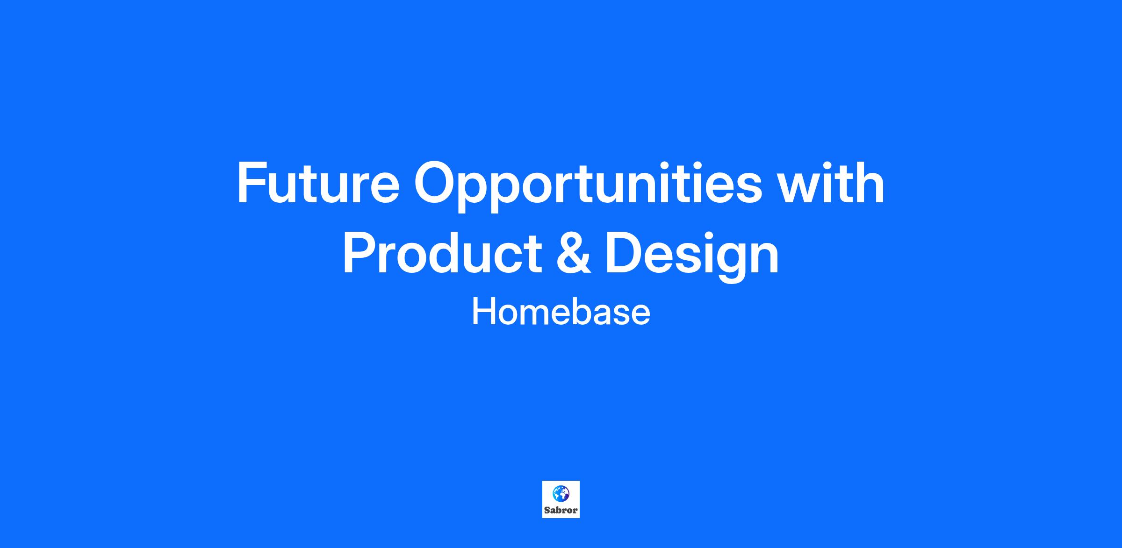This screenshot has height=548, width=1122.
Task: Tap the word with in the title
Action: coord(832,182)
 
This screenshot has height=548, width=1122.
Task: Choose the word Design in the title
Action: coord(692,257)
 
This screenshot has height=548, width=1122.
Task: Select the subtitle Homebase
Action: coord(561,312)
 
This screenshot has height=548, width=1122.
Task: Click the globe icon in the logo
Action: coord(561,493)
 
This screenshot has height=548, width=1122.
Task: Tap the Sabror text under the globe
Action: coord(561,510)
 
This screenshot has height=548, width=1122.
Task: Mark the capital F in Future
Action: coord(252,183)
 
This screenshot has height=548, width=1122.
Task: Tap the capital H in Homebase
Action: coord(483,312)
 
